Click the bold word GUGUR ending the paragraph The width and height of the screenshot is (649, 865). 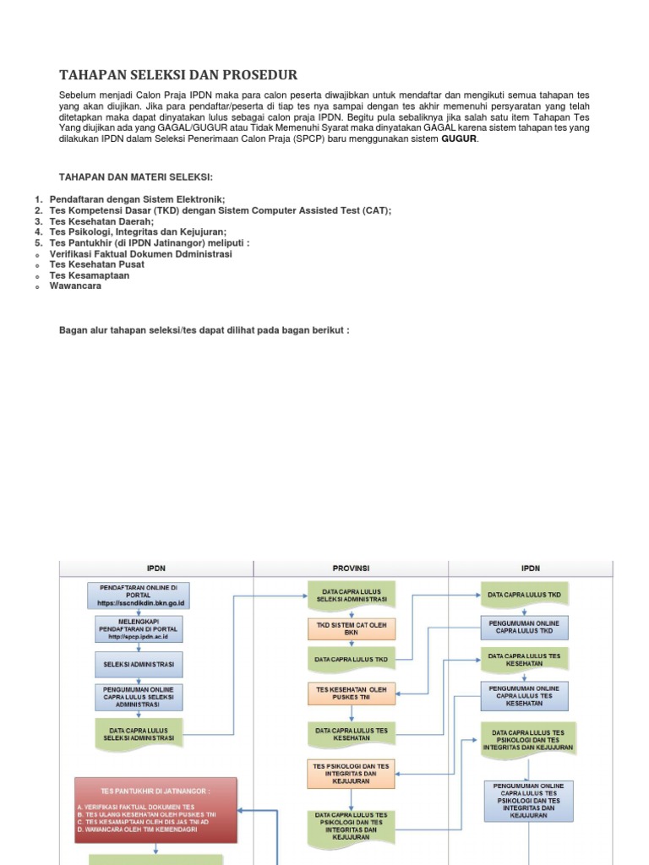pyautogui.click(x=459, y=139)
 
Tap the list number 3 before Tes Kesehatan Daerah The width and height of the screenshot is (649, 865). pyautogui.click(x=38, y=221)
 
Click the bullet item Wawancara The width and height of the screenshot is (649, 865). pyautogui.click(x=75, y=286)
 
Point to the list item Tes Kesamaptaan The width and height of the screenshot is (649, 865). pyautogui.click(x=90, y=275)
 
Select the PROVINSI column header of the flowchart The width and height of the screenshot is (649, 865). pyautogui.click(x=351, y=569)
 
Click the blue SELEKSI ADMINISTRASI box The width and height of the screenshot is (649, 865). pyautogui.click(x=139, y=664)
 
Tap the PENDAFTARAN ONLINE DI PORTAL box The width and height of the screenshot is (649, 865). pyautogui.click(x=139, y=595)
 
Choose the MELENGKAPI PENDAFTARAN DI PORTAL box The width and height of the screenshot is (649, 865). pyautogui.click(x=139, y=629)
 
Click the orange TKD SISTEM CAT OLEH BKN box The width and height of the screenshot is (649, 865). pyautogui.click(x=351, y=629)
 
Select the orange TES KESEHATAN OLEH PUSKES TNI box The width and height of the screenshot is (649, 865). pyautogui.click(x=351, y=694)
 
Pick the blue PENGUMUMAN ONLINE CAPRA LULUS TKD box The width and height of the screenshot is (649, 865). pyautogui.click(x=524, y=627)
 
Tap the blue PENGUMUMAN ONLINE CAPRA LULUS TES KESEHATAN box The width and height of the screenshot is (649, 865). pyautogui.click(x=524, y=695)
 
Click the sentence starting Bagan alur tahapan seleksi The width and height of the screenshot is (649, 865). pyautogui.click(x=203, y=329)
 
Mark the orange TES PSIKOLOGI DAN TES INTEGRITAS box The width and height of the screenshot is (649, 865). pyautogui.click(x=351, y=772)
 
